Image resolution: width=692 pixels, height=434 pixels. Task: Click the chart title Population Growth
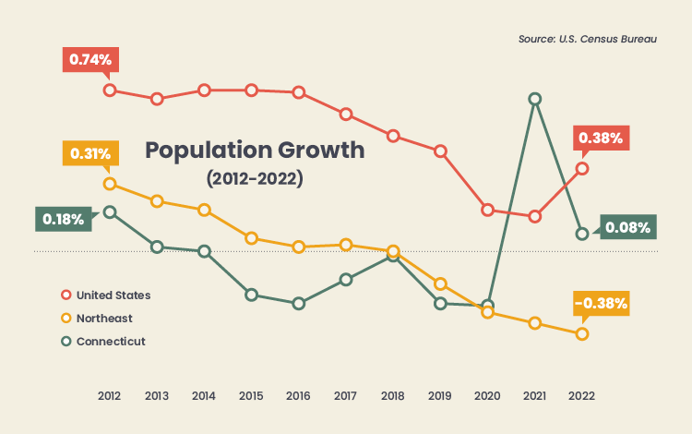click(255, 150)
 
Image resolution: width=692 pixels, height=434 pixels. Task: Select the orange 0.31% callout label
click(89, 153)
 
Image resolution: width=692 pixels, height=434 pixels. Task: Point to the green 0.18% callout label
click(64, 219)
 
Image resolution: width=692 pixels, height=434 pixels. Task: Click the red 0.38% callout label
click(601, 138)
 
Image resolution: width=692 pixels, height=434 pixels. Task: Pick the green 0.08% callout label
click(627, 227)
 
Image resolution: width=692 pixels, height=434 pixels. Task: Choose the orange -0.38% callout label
click(601, 302)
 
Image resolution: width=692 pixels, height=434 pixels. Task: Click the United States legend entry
click(113, 295)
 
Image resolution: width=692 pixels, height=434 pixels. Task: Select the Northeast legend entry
click(103, 319)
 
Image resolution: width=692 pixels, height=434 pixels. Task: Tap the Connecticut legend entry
click(110, 342)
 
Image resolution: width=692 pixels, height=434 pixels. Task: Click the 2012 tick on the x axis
click(110, 395)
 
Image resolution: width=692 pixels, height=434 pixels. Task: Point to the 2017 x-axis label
click(346, 395)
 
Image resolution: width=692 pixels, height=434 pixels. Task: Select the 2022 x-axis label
click(581, 395)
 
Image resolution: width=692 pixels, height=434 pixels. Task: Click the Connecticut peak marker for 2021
click(535, 99)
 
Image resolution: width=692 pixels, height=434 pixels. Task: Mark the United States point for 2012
click(110, 90)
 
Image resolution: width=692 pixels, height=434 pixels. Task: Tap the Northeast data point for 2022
click(582, 333)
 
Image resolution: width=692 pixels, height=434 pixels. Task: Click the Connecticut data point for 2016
click(298, 303)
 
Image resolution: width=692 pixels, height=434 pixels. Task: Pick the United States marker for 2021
click(535, 216)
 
